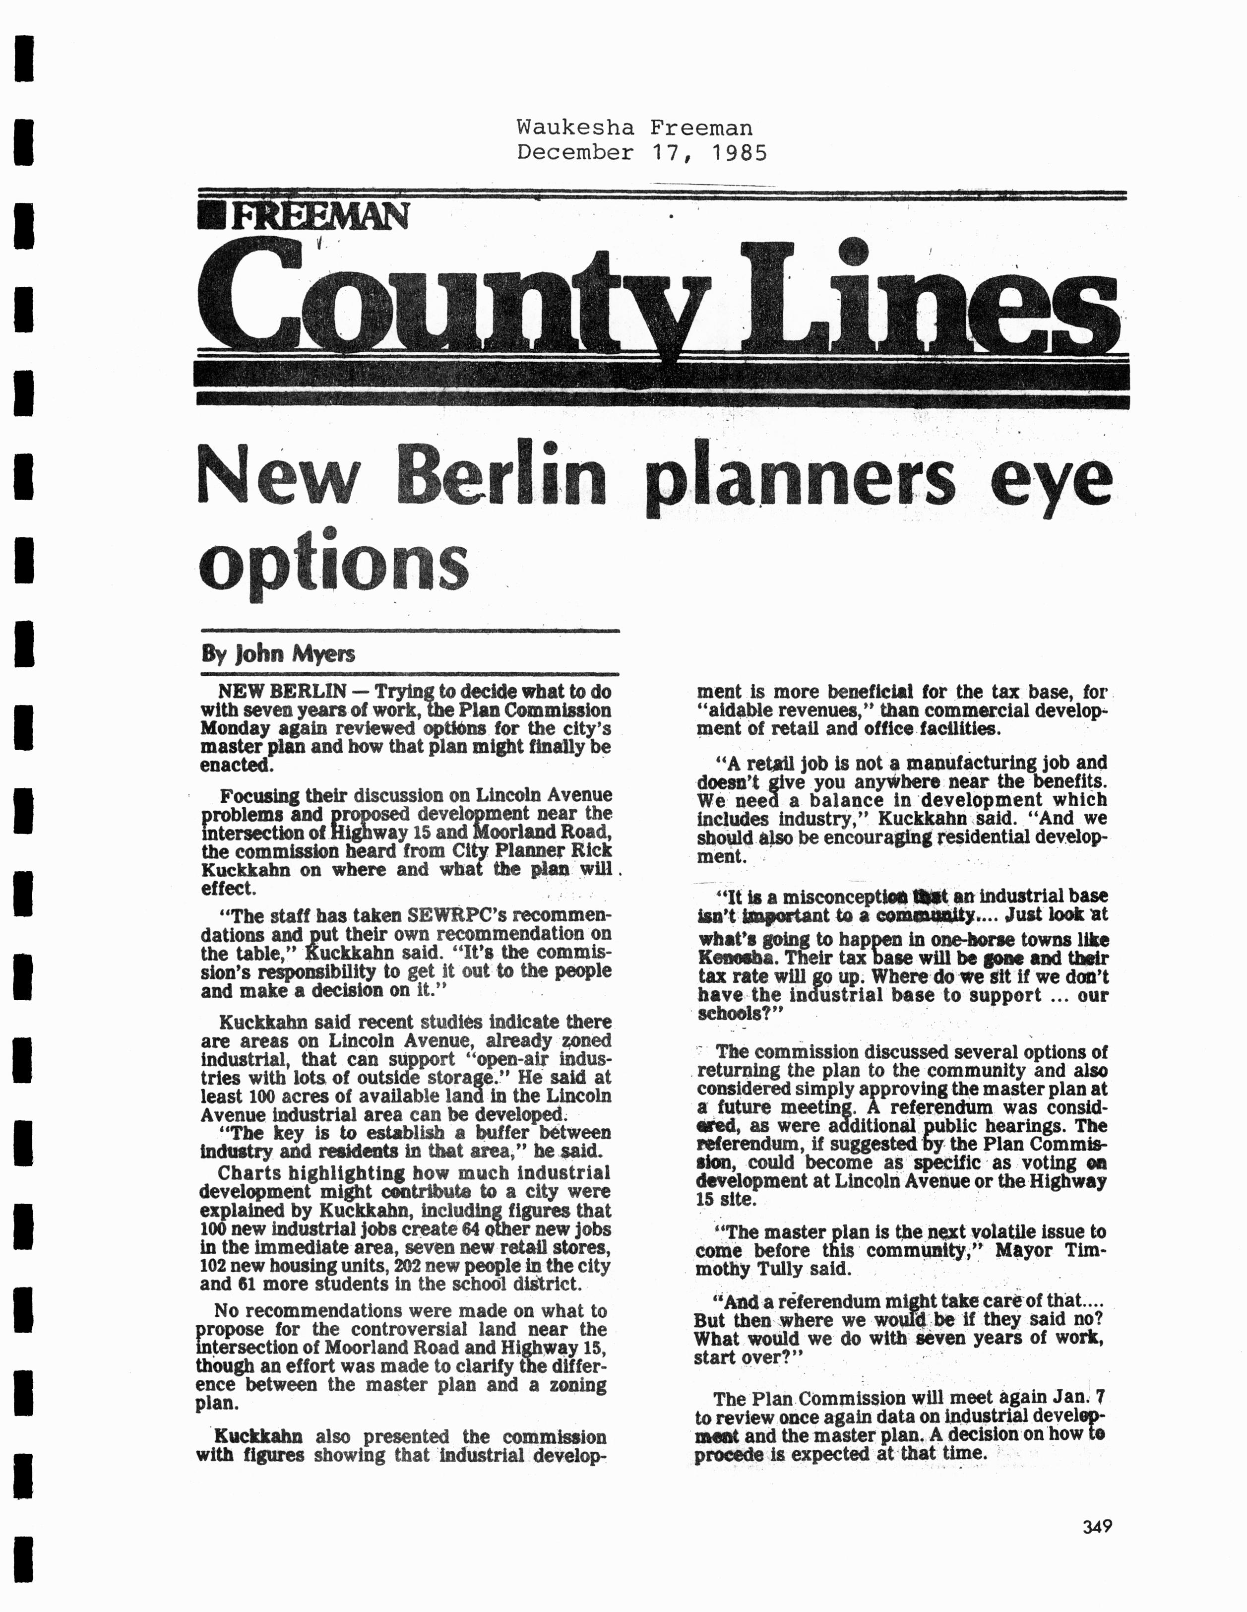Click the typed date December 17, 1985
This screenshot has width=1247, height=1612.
[641, 153]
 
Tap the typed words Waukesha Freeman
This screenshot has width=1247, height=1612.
[634, 128]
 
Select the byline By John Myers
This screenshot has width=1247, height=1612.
[278, 654]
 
